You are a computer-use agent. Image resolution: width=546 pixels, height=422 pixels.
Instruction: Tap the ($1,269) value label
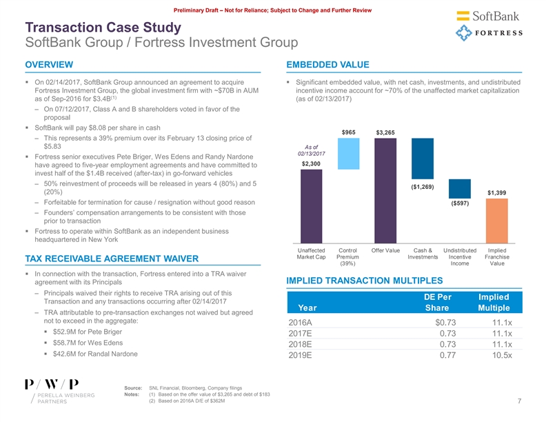[x=422, y=187]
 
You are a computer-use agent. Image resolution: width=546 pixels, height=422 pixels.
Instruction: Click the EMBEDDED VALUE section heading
[x=325, y=65]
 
